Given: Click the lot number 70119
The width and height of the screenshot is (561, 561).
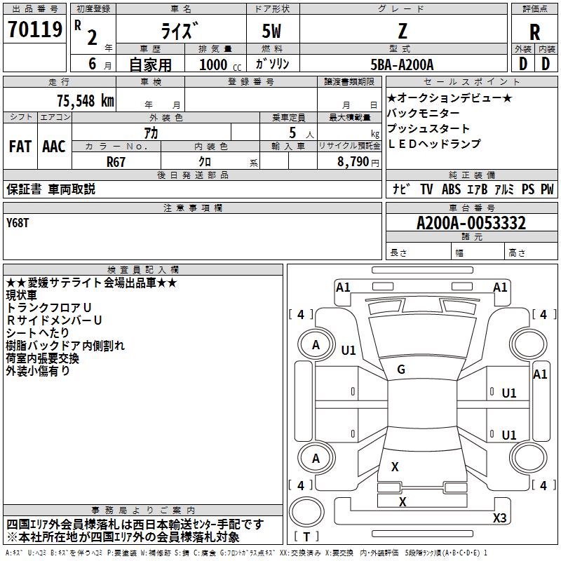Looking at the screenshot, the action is pos(35,29).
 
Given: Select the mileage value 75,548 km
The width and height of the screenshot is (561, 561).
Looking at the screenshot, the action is pos(86,101).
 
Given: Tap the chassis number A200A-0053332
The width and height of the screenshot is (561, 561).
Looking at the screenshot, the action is pos(471,223).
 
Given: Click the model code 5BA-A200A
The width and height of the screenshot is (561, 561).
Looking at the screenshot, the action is pos(402,65).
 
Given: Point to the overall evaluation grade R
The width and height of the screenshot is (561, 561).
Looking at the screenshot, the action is pos(534,32).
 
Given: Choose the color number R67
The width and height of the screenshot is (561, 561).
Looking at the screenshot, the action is pos(116,162).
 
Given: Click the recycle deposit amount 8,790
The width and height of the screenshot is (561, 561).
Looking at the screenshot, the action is pos(353,162).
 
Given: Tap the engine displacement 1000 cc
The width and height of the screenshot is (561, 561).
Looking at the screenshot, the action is pos(220,65).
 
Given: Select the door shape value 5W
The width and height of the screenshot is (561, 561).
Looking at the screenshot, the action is pos(271,31).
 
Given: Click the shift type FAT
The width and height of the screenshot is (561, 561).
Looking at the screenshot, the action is pos(20,147).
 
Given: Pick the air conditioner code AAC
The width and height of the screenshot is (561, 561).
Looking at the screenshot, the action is pos(54,147).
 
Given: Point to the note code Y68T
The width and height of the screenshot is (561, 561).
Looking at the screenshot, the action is pos(18,223).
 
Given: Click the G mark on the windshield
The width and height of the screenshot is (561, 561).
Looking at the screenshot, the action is pos(401,369).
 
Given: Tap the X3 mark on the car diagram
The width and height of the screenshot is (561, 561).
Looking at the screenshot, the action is pos(499,518).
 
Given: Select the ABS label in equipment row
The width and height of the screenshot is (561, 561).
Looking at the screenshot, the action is pos(451,189).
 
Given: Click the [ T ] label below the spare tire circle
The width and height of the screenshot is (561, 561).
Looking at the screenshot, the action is pos(306,536).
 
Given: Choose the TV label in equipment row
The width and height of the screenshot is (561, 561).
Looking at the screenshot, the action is pos(426,189).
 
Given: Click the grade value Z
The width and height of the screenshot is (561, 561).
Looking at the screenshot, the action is pos(403,31).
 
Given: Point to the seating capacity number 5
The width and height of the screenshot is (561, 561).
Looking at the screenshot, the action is pos(292,133).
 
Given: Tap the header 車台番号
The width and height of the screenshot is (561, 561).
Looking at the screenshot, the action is pos(472,208).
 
